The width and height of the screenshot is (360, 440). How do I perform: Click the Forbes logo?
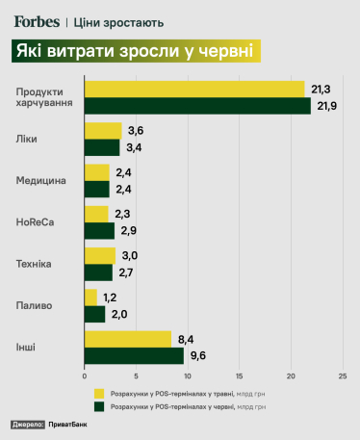tap(38, 20)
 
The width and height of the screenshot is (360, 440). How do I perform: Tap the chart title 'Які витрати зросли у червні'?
tap(137, 51)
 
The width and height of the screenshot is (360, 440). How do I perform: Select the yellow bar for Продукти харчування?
tap(194, 89)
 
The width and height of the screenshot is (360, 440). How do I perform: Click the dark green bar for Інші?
tap(134, 355)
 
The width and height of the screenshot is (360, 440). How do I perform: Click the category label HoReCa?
tap(35, 221)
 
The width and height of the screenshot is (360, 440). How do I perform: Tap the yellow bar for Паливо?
tap(91, 297)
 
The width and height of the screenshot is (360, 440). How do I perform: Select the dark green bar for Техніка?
tap(99, 272)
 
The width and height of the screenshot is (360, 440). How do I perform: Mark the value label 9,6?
tap(199, 355)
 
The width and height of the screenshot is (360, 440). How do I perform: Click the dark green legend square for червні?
tap(99, 407)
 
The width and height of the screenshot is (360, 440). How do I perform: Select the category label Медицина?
tap(40, 180)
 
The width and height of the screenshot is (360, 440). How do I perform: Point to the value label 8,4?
tap(187, 337)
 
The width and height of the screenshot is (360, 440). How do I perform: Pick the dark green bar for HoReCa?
tap(99, 230)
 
